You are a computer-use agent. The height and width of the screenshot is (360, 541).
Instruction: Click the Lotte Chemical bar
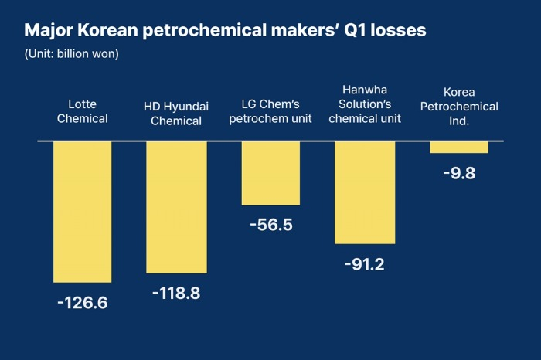[83, 212]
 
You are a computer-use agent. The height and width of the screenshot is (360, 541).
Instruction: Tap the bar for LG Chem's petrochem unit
[270, 173]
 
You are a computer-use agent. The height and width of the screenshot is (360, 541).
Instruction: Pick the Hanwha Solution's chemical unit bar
[365, 192]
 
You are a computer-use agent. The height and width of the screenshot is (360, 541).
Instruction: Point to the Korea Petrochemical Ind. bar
[459, 147]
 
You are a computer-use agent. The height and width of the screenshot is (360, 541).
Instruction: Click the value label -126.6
[83, 301]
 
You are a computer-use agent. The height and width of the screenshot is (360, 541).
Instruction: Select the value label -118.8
[177, 293]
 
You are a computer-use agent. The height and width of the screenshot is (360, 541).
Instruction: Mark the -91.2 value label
[365, 263]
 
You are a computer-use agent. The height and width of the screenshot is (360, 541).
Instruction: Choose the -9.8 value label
[459, 172]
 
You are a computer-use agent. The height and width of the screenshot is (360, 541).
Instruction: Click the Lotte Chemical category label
[83, 111]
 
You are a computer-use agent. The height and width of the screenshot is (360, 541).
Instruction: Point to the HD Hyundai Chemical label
[177, 113]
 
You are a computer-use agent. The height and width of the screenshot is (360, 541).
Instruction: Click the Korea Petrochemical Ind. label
[459, 107]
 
